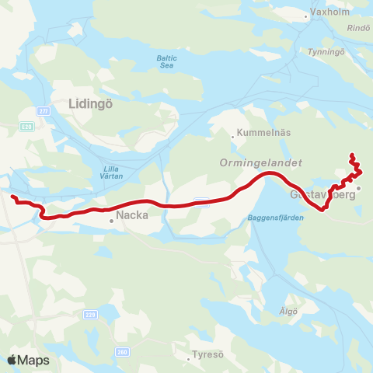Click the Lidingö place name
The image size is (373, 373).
[x=92, y=102]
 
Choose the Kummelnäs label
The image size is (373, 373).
[x=264, y=132]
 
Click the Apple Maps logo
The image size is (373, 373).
[x=29, y=360]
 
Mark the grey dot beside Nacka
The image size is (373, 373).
[x=111, y=221]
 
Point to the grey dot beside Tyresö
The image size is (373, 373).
[x=189, y=360]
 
